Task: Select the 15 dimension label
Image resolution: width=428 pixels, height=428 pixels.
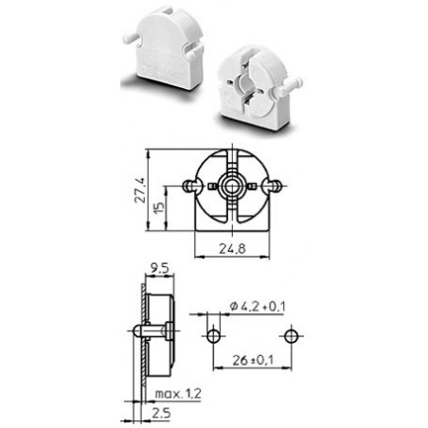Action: (x=160, y=208)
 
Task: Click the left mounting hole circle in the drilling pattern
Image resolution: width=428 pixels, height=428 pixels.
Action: (x=214, y=336)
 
